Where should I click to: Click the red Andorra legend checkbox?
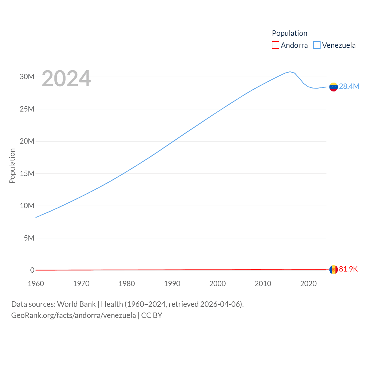pyautogui.click(x=276, y=45)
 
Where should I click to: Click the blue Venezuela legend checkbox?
pyautogui.click(x=317, y=45)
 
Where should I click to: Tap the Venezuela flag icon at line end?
pyautogui.click(x=333, y=87)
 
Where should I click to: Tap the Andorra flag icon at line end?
pyautogui.click(x=333, y=270)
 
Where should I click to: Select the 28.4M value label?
pyautogui.click(x=349, y=86)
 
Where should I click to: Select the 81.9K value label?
pyautogui.click(x=348, y=269)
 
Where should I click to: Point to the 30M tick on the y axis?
pyautogui.click(x=27, y=77)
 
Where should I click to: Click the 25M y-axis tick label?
pyautogui.click(x=27, y=109)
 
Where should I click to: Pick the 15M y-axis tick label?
pyautogui.click(x=27, y=173)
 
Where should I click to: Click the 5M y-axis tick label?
pyautogui.click(x=29, y=238)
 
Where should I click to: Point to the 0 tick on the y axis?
pyautogui.click(x=32, y=270)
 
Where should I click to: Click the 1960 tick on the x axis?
pyautogui.click(x=36, y=284)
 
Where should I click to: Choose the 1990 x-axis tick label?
pyautogui.click(x=172, y=284)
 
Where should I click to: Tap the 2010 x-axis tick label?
pyautogui.click(x=263, y=284)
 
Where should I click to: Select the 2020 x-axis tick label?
pyautogui.click(x=308, y=284)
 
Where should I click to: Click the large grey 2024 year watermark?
pyautogui.click(x=66, y=79)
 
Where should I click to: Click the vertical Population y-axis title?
pyautogui.click(x=12, y=166)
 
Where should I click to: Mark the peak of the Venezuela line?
pyautogui.click(x=290, y=72)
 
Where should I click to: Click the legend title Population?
pyautogui.click(x=290, y=33)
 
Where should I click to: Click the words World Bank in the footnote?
pyautogui.click(x=76, y=304)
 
